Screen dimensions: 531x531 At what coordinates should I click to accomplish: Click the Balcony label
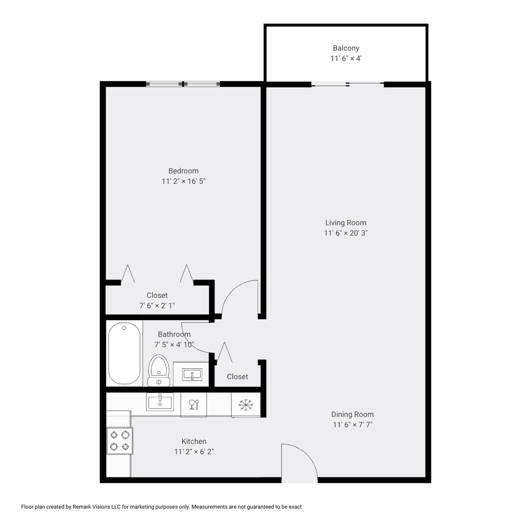coord(346,48)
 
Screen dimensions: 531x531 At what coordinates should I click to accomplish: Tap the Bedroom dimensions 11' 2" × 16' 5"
coord(183,181)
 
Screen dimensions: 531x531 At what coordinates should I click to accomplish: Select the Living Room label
coord(346,223)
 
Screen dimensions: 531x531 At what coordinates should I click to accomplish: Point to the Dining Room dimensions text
coord(352,425)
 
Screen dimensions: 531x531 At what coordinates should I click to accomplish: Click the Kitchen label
coord(194,441)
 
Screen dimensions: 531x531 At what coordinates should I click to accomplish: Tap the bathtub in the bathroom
coord(124,353)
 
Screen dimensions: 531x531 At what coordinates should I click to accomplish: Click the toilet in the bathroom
coord(158,370)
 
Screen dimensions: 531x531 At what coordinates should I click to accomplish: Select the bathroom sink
coord(192,375)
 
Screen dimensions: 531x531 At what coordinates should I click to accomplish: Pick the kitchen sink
coord(160,402)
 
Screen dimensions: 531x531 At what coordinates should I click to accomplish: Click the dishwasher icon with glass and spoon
coord(194,404)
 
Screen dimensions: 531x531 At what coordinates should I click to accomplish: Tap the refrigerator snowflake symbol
coord(246,404)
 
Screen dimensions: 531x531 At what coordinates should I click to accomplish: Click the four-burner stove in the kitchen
coord(119,441)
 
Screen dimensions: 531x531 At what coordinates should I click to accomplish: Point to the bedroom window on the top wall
coord(183,84)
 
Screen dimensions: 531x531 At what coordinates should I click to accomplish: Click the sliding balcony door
coord(347,85)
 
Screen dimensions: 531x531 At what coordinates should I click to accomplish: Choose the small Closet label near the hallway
coord(237,377)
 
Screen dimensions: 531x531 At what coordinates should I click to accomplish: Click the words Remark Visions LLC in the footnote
coord(96,507)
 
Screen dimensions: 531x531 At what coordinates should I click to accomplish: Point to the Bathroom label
coord(174,334)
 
